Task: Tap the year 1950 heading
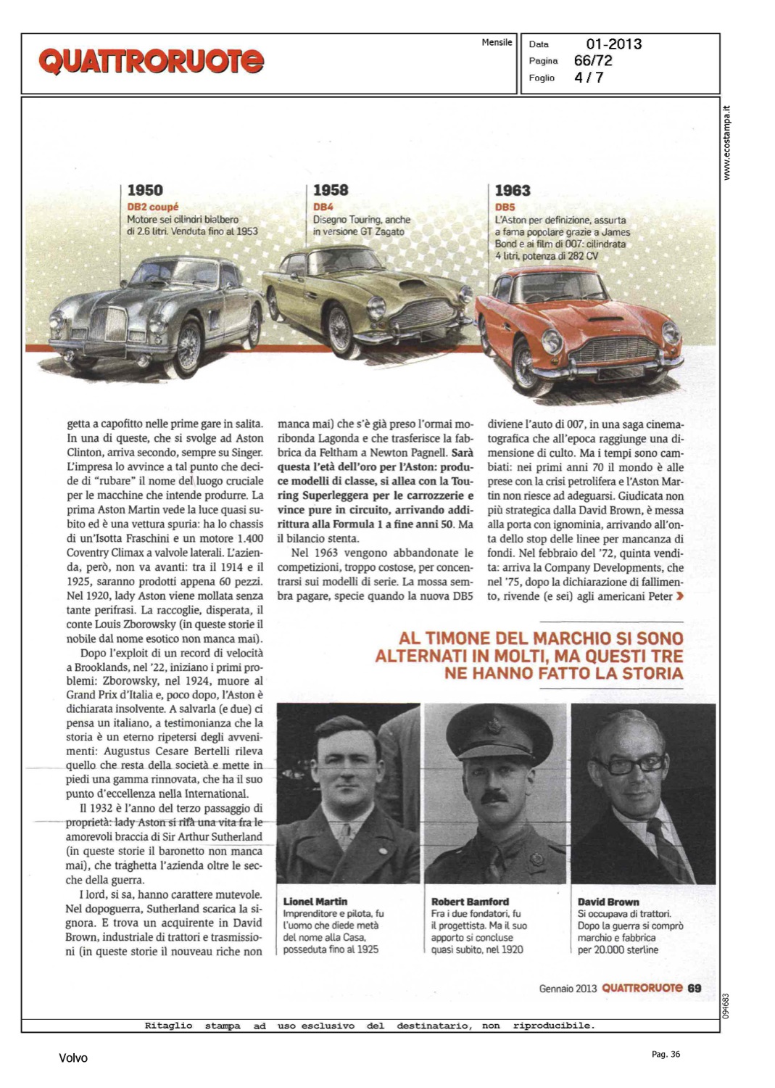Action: point(145,191)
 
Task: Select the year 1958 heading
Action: point(331,190)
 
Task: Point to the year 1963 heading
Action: point(513,191)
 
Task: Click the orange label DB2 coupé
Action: point(152,207)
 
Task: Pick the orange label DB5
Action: point(505,207)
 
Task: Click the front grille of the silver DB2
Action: point(116,324)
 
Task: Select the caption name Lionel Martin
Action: point(315,902)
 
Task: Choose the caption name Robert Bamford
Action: point(470,902)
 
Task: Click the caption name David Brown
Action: point(608,902)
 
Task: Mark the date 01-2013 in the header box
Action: point(613,44)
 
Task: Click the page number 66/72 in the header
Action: point(593,61)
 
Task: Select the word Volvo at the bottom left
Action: point(73,1058)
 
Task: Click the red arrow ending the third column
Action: point(679,596)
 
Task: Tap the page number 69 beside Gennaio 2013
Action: point(695,988)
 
